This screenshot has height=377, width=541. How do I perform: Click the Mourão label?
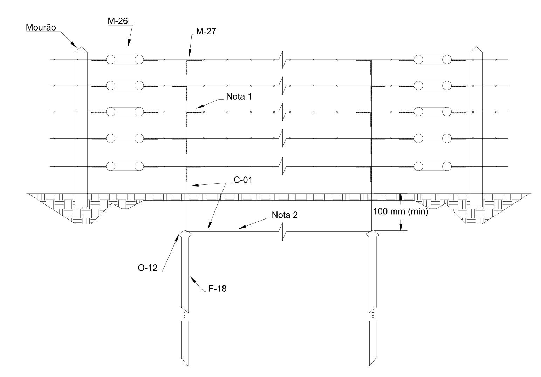point(39,27)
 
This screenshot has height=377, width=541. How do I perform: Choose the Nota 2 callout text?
point(285,215)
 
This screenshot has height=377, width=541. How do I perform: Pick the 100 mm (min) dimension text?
point(400,211)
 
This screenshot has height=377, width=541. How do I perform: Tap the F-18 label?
point(216,289)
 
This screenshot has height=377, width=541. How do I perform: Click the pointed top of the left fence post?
point(81,48)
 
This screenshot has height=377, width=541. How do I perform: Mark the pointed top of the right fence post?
point(476,48)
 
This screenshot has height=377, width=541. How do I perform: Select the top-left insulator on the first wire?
point(125,60)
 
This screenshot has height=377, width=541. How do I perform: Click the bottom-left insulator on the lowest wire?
point(125,166)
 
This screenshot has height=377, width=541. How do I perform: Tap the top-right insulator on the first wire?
point(433,60)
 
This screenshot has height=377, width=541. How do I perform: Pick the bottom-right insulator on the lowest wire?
point(433,166)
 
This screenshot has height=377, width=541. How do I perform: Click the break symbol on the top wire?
point(283,57)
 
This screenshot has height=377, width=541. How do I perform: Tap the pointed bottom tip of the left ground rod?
point(188,365)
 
